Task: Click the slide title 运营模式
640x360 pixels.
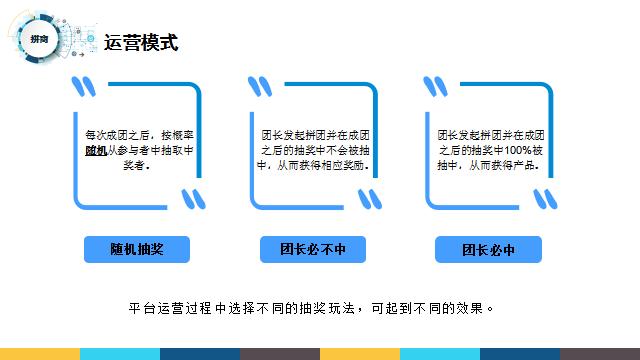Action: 141,42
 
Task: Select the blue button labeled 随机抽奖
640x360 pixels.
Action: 137,250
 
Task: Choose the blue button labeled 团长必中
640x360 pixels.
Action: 488,250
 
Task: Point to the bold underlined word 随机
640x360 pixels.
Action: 95,149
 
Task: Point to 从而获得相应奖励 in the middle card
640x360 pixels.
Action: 324,165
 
